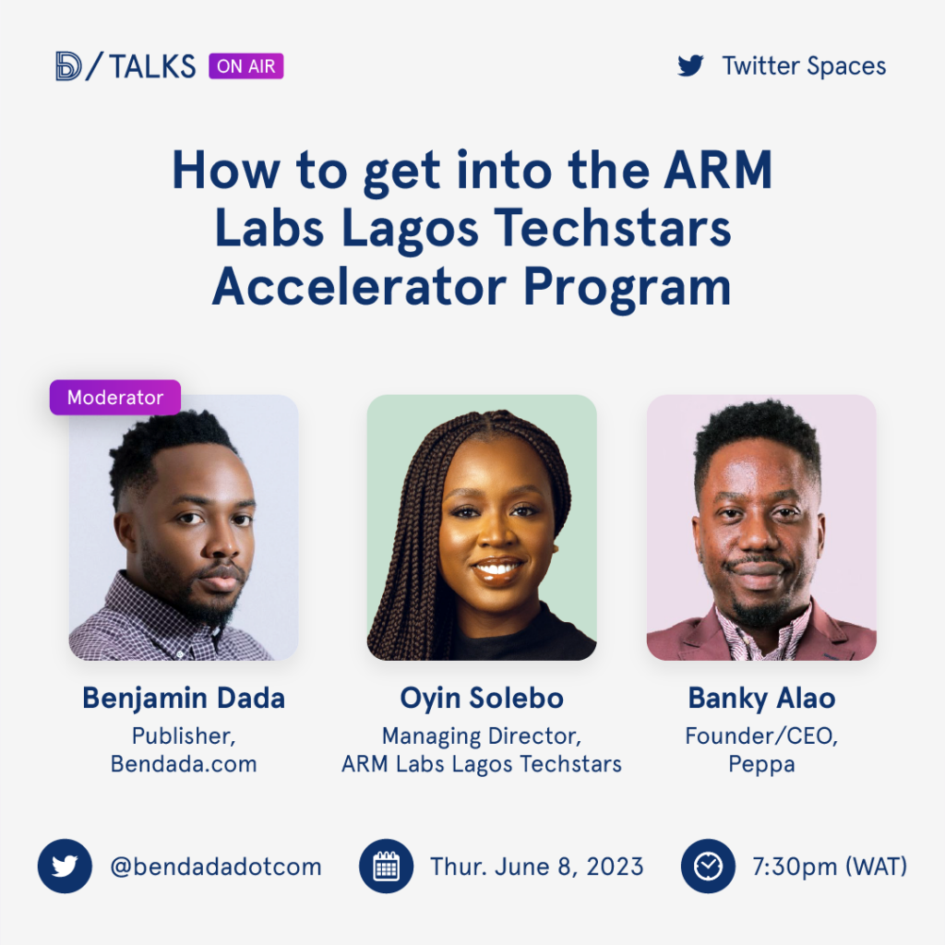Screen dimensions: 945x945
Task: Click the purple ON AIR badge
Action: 245,66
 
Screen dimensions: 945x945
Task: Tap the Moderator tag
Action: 115,397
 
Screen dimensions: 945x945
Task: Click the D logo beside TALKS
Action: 68,66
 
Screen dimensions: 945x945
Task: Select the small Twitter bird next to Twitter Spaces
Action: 690,66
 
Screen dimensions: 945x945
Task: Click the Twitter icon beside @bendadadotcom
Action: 66,866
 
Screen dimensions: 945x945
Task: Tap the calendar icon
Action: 387,866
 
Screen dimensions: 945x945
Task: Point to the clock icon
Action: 708,866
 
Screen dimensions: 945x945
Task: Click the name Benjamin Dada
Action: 184,699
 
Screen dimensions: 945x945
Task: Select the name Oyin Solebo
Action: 482,699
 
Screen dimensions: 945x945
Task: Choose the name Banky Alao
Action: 761,699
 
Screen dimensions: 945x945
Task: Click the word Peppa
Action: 761,765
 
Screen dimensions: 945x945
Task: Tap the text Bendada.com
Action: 184,763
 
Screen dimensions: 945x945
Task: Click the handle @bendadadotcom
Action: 216,867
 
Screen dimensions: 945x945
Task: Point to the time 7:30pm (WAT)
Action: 830,867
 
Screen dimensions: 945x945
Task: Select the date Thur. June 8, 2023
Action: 536,867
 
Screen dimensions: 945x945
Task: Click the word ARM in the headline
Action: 718,171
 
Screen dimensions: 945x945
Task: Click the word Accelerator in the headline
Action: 359,286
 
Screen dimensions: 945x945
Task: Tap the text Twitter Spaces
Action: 804,66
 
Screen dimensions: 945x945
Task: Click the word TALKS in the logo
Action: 152,66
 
